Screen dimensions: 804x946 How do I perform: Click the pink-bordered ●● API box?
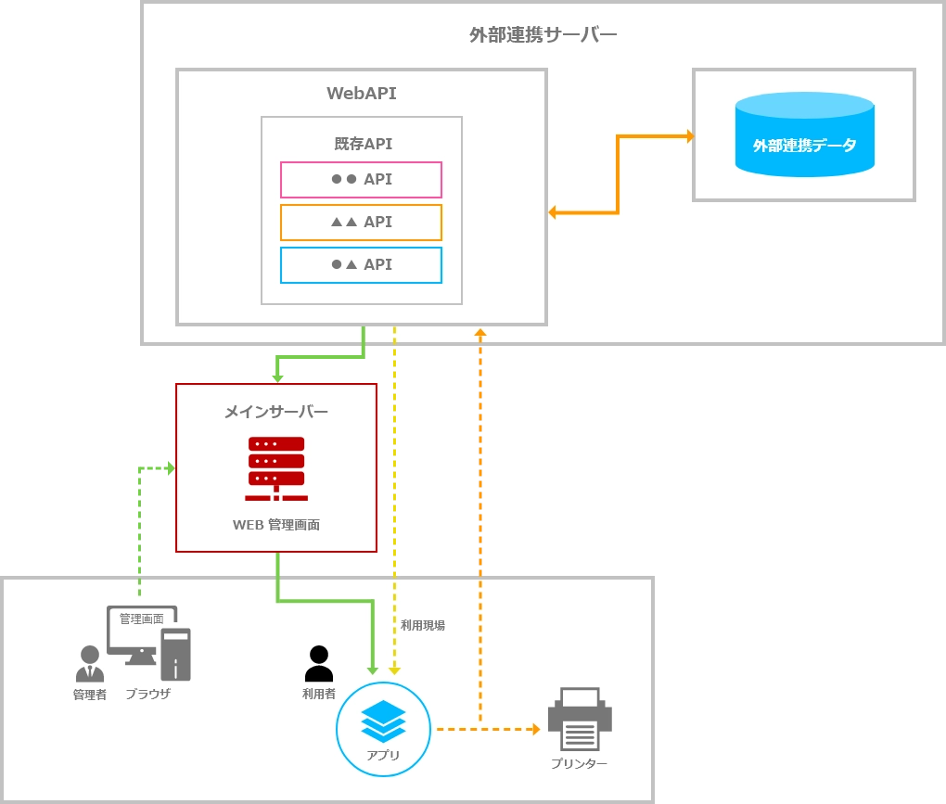[x=361, y=179]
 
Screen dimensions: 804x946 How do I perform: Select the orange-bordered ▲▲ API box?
[x=361, y=222]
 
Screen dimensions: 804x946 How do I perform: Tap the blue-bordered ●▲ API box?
[x=361, y=264]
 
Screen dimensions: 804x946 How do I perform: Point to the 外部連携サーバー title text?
[x=543, y=35]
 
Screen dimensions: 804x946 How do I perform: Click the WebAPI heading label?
[x=362, y=93]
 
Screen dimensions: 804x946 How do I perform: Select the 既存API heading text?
[x=363, y=144]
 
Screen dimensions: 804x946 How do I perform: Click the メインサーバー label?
[x=276, y=411]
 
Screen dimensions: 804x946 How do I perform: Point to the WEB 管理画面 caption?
[x=276, y=525]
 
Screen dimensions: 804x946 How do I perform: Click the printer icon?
[x=580, y=720]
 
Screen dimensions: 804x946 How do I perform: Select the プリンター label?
[x=579, y=763]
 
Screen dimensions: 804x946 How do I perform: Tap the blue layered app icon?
[x=383, y=721]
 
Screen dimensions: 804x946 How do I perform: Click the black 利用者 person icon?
[x=318, y=663]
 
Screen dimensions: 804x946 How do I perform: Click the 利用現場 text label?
[x=423, y=625]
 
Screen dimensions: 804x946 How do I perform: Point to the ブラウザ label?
[x=147, y=694]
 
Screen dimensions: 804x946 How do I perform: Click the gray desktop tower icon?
[x=175, y=655]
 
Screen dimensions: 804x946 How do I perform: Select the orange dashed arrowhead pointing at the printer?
[x=534, y=729]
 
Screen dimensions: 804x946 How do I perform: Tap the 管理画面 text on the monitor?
[x=141, y=619]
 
